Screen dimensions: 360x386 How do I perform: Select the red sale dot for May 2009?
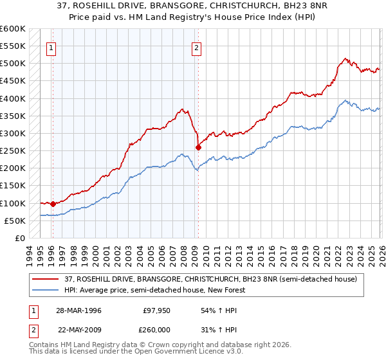tap(198, 147)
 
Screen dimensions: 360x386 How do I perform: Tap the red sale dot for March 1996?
tap(53, 204)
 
